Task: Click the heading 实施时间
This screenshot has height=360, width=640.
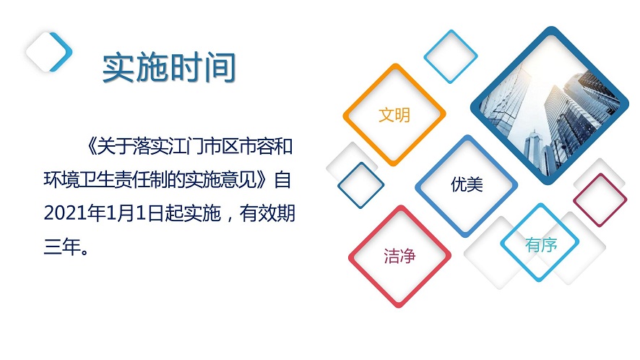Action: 169,68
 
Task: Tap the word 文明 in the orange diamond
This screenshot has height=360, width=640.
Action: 394,115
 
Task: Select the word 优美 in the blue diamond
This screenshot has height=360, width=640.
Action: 467,185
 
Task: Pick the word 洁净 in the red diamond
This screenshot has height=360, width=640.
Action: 399,256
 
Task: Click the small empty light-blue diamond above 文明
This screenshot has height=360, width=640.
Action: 451,56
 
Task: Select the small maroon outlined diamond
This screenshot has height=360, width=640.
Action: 600,199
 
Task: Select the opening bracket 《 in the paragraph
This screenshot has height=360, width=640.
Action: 89,147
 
